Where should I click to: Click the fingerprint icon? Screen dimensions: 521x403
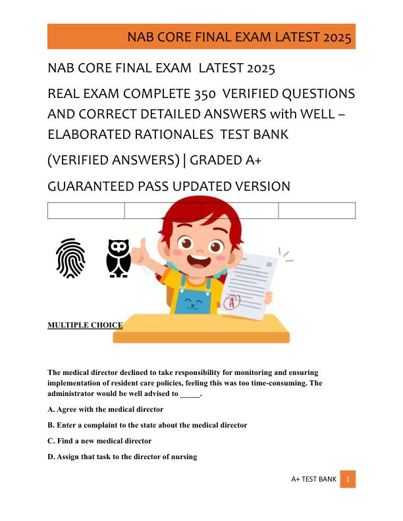point(70,258)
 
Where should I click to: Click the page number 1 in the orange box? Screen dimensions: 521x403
point(348,480)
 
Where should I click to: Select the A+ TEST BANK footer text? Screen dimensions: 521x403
point(313,480)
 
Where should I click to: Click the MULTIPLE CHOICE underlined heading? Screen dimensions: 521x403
point(85,325)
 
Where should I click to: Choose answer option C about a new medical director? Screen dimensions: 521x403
point(99,441)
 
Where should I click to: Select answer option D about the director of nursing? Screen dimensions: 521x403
point(122,457)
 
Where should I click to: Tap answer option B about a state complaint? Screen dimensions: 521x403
point(148,425)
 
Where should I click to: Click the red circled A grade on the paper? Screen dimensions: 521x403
point(232,302)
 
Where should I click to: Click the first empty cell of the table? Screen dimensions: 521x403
point(86,211)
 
